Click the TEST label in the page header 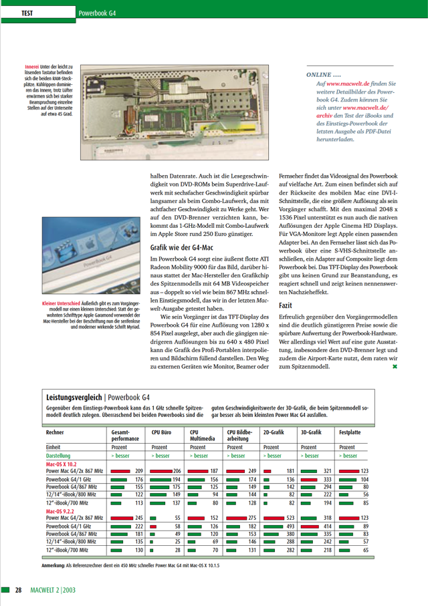(28, 13)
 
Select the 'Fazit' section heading (286, 286)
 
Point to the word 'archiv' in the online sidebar (325, 116)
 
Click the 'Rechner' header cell (56, 432)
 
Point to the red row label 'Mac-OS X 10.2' (62, 464)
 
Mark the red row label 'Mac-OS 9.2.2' (62, 510)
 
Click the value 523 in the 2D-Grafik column (290, 517)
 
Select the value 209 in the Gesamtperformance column (139, 471)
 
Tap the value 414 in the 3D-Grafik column (328, 526)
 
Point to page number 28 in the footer (19, 590)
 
